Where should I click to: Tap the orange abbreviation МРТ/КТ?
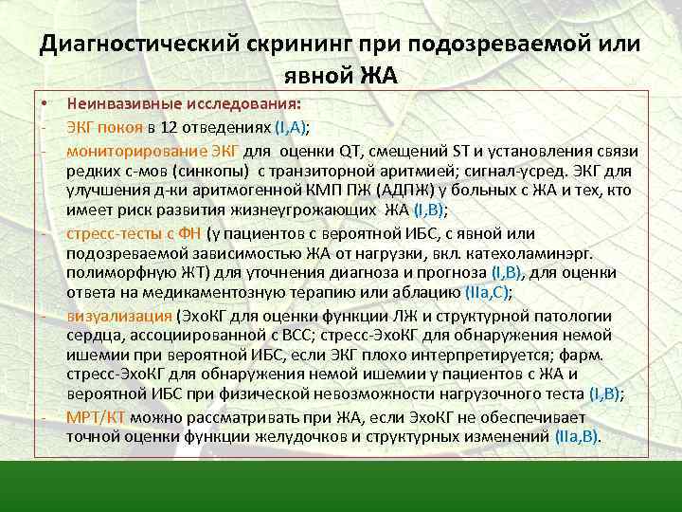click(97, 416)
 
